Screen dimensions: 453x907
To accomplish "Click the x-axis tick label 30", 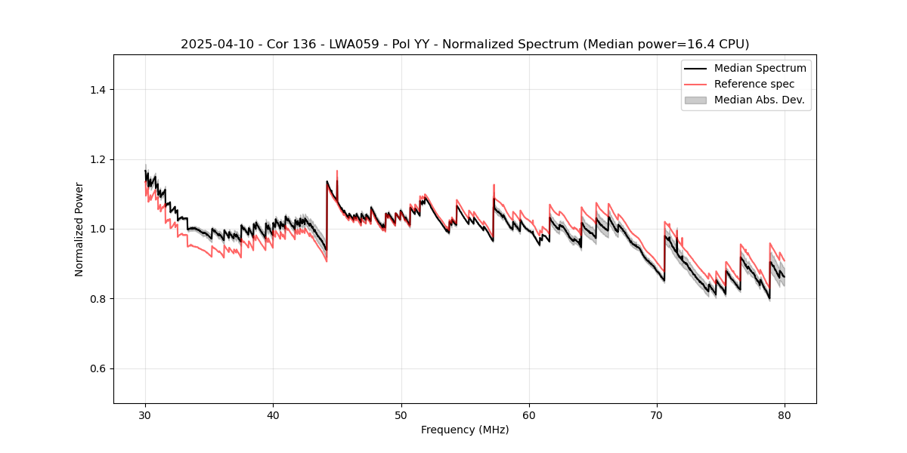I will (146, 415).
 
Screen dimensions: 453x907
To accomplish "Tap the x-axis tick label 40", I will (274, 415).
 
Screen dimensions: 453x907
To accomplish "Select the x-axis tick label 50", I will (401, 415).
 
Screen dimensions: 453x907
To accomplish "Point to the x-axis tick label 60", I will (529, 415).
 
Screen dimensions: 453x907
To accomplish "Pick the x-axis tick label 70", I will (657, 415).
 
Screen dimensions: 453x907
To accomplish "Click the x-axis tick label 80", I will (785, 415).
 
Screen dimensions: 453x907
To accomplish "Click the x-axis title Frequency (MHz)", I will (465, 430).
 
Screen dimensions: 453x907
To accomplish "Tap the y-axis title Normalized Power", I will (79, 229).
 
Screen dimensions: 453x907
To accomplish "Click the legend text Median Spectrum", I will (760, 68).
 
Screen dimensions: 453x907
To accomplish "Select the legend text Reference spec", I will (754, 84).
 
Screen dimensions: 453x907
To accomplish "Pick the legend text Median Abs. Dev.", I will (759, 100).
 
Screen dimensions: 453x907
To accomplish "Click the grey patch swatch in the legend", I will (695, 100).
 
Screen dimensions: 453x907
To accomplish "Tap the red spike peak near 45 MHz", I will (337, 171).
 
